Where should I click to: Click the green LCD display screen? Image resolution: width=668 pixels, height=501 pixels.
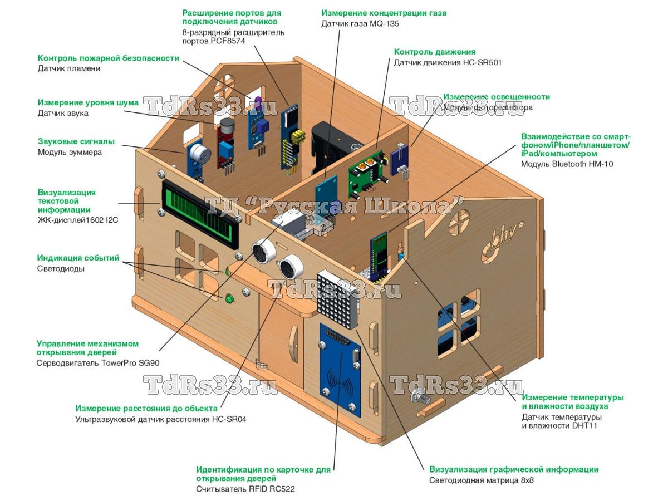pyautogui.click(x=200, y=212)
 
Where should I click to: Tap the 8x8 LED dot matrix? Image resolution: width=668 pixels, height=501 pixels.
pyautogui.click(x=338, y=299)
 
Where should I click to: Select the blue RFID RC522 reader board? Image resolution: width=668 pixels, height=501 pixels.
pyautogui.click(x=340, y=371)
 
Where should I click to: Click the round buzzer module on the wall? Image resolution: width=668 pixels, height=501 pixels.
pyautogui.click(x=198, y=155)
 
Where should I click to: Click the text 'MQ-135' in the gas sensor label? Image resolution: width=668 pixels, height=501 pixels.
pyautogui.click(x=384, y=24)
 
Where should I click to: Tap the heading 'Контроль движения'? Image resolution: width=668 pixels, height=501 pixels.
pyautogui.click(x=435, y=52)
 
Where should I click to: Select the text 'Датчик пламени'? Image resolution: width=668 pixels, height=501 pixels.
pyautogui.click(x=69, y=68)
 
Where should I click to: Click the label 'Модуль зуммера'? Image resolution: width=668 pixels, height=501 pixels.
pyautogui.click(x=70, y=152)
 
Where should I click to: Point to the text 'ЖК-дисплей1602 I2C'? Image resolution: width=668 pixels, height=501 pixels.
pyautogui.click(x=78, y=220)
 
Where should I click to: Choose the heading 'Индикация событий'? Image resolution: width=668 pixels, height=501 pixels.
pyautogui.click(x=78, y=258)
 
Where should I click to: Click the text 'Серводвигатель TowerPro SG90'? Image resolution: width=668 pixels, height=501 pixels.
pyautogui.click(x=97, y=363)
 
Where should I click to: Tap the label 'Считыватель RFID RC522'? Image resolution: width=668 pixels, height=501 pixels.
pyautogui.click(x=245, y=489)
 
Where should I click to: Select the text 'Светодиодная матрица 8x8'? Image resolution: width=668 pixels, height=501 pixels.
pyautogui.click(x=481, y=480)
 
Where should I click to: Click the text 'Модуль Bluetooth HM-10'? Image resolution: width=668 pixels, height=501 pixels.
pyautogui.click(x=567, y=164)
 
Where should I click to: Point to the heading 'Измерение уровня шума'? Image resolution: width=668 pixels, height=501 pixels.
pyautogui.click(x=88, y=102)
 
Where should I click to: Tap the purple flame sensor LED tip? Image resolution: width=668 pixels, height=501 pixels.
pyautogui.click(x=258, y=100)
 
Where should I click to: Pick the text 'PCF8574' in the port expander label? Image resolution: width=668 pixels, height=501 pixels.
pyautogui.click(x=228, y=41)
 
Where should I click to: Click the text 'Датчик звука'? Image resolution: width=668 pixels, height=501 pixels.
pyautogui.click(x=63, y=113)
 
